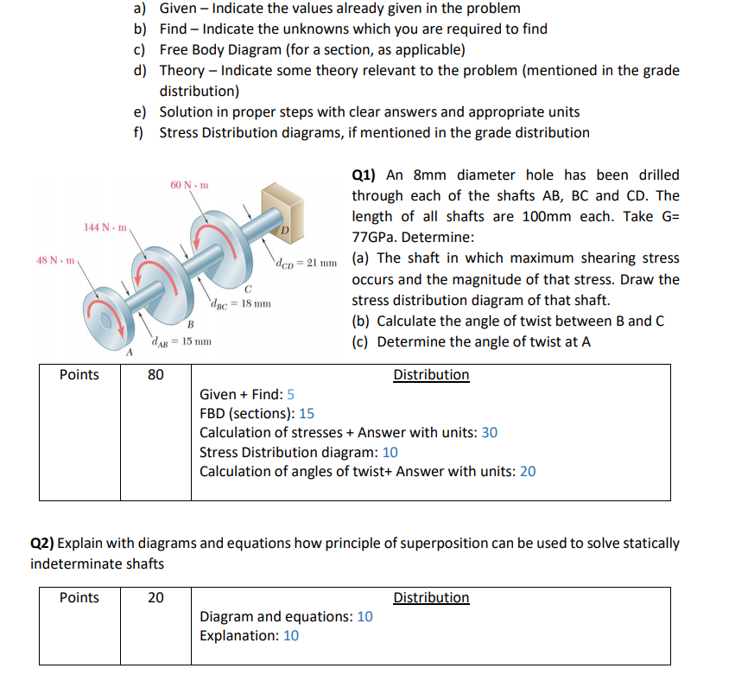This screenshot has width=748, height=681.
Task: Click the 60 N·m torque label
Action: (188, 186)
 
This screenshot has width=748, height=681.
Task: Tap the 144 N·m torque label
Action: (105, 226)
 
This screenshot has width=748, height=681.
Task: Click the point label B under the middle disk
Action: (189, 324)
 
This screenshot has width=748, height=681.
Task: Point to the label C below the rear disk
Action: (247, 288)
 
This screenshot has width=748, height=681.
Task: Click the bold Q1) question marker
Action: (365, 175)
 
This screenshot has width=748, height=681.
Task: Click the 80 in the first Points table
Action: (155, 375)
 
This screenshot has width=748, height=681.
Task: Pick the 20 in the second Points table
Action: (155, 598)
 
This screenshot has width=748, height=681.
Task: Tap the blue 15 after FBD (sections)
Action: (306, 413)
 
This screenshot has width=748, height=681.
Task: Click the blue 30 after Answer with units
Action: (489, 432)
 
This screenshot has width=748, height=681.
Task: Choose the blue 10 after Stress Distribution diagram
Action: (390, 452)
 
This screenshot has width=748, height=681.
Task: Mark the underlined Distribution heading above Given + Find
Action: (431, 375)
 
